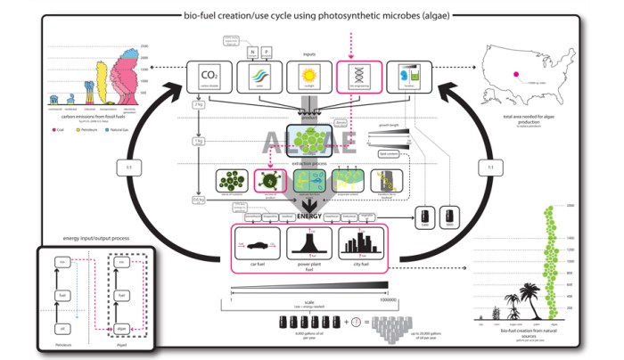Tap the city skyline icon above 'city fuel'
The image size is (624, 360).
coord(358,244)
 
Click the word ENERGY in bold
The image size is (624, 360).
coord(308,216)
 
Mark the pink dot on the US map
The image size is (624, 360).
coord(514,75)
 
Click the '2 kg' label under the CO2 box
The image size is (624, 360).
coord(199,105)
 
